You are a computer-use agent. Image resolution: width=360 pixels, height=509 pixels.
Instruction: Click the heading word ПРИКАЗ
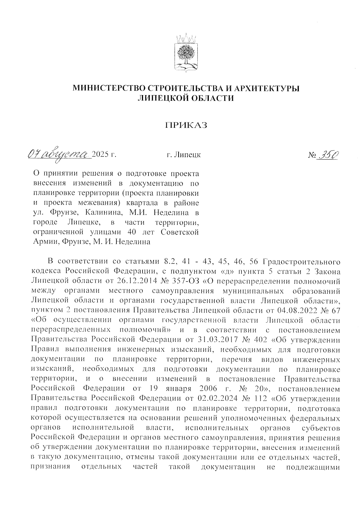click(x=186, y=125)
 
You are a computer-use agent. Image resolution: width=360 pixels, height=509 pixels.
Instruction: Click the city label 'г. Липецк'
click(x=184, y=155)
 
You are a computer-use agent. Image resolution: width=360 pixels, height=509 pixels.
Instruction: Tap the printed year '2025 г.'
click(x=104, y=155)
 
